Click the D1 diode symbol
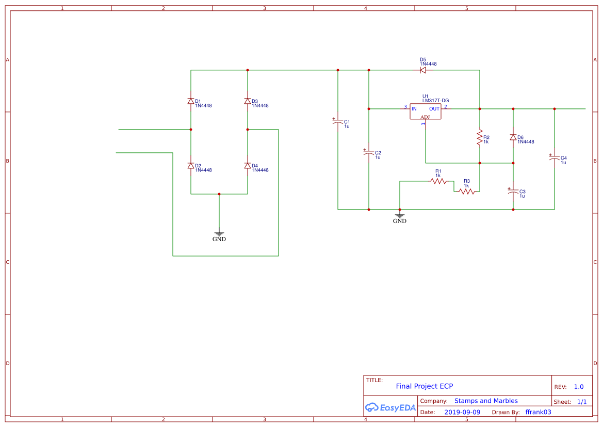click(191, 101)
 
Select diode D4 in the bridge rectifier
click(248, 166)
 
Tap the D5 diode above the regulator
click(422, 70)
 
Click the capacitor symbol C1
click(338, 122)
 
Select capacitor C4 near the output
click(555, 159)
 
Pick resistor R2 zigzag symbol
click(480, 138)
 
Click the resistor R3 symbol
click(467, 192)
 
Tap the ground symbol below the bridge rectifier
click(219, 234)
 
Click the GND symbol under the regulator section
click(400, 216)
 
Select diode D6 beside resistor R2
click(513, 137)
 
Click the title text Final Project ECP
click(424, 386)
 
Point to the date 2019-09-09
click(462, 412)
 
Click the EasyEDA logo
click(390, 407)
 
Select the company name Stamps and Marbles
click(486, 401)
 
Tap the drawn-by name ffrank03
click(538, 412)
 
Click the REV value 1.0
click(579, 387)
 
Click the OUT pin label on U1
click(434, 108)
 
